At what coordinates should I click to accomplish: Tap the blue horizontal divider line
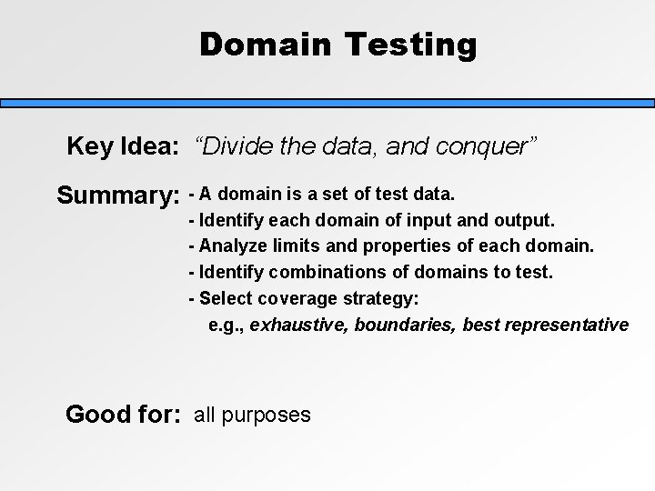[327, 104]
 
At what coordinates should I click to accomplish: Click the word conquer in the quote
[490, 146]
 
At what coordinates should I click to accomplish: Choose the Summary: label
[117, 195]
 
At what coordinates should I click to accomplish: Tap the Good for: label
[122, 416]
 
